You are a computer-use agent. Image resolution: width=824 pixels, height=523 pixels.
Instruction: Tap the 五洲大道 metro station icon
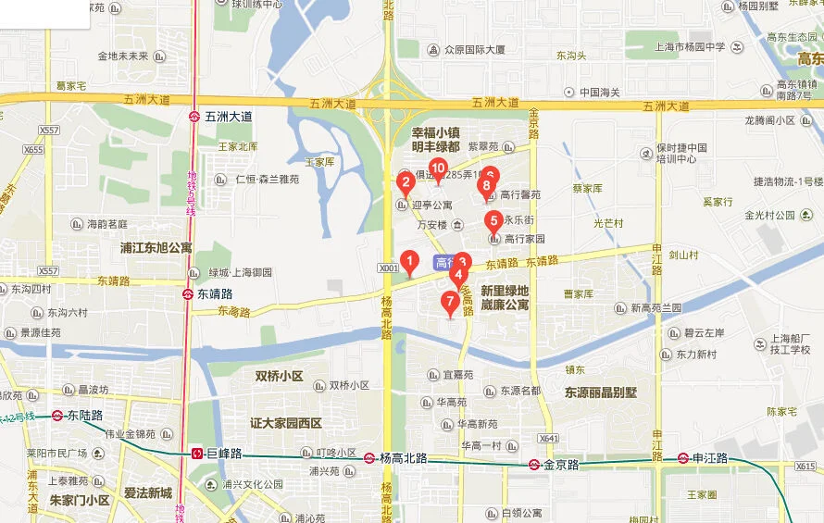[x=195, y=117]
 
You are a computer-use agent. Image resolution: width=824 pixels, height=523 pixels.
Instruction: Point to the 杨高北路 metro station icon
[x=369, y=457]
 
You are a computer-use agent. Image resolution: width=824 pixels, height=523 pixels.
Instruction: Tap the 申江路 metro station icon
[x=683, y=457]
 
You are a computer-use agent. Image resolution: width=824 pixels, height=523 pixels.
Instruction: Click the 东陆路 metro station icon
[x=57, y=416]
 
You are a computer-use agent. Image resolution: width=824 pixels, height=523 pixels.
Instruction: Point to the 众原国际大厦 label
[x=474, y=50]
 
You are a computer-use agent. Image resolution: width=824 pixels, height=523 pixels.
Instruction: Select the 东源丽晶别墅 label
[x=601, y=392]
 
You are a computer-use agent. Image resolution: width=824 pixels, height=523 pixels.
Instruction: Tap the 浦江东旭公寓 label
[x=156, y=248]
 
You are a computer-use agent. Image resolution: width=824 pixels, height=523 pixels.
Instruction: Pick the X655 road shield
[x=33, y=149]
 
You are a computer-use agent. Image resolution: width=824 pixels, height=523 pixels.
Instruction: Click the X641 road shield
[x=549, y=438]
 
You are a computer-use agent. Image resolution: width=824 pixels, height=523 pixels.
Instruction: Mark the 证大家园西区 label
[x=285, y=423]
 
